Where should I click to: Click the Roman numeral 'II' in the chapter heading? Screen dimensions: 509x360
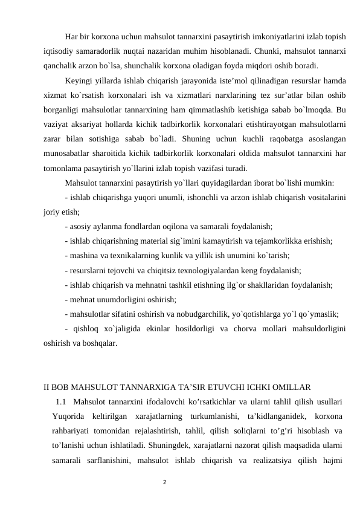click(x=47, y=386)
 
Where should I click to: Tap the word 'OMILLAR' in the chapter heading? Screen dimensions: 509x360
click(x=291, y=386)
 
